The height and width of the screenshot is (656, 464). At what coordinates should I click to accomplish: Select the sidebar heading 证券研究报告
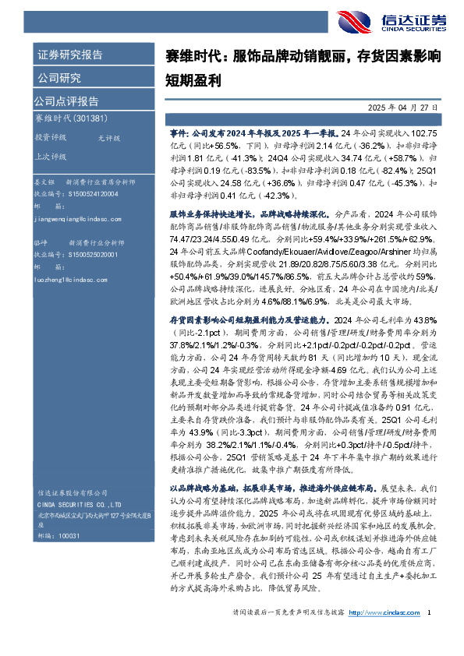coord(69,55)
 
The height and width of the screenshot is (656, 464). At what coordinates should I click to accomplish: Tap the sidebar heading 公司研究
coord(59,78)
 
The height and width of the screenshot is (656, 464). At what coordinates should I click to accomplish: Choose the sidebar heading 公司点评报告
coord(66,101)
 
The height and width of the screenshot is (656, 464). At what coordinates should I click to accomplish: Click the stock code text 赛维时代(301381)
coord(70,118)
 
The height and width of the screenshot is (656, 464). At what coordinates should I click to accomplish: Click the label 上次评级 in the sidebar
coord(51,155)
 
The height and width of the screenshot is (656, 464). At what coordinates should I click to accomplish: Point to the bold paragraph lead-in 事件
coord(179,133)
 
